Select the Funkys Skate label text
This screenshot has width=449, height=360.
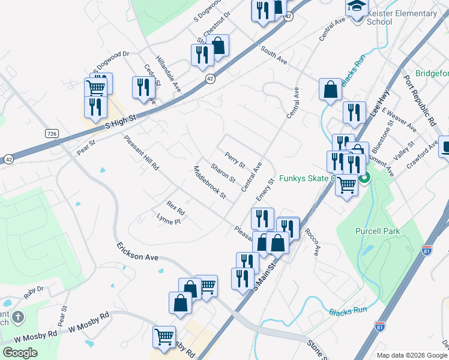312,179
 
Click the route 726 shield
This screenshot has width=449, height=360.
51,132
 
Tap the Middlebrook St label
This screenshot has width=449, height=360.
209,182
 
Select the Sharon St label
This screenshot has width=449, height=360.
223,173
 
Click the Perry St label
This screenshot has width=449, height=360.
235,160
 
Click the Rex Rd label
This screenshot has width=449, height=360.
175,208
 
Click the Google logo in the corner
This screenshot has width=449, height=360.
20,352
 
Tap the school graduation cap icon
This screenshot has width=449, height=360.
355,6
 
